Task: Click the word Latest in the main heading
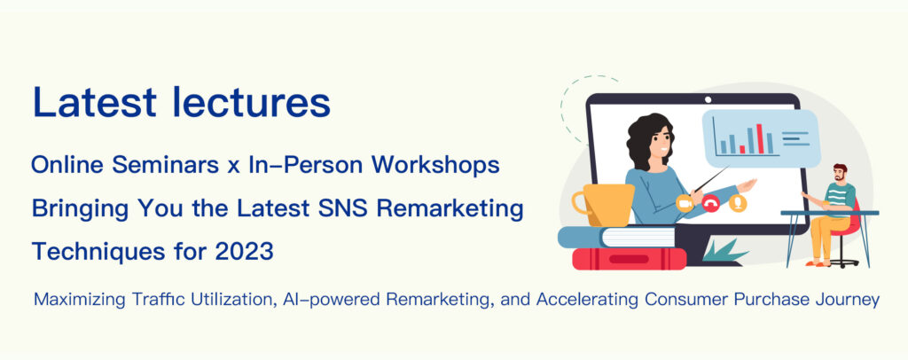click(94, 102)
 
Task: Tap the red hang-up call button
click(710, 203)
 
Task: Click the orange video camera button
click(685, 203)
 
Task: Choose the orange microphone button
click(737, 203)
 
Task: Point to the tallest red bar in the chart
click(760, 138)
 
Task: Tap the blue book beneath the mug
click(617, 237)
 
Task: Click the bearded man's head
click(840, 173)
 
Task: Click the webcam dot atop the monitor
click(707, 99)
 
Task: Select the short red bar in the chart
click(742, 149)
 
